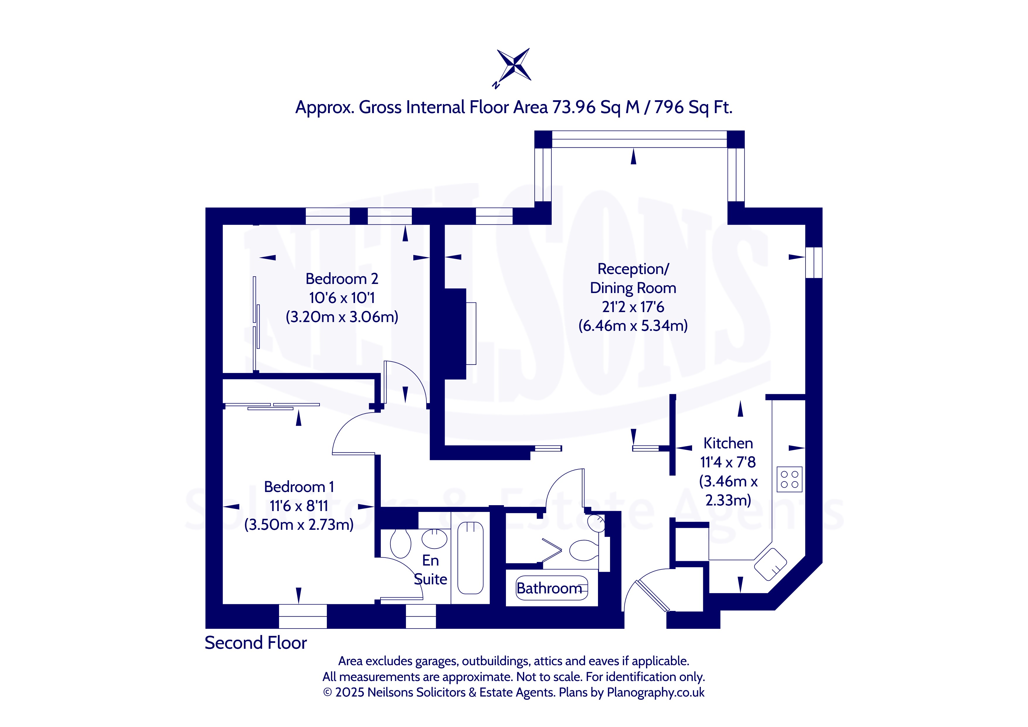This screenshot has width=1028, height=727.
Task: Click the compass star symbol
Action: [514, 65]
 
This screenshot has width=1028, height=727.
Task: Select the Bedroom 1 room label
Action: [299, 487]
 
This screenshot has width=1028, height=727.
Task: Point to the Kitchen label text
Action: [728, 443]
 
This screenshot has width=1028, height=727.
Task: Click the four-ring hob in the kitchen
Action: [789, 479]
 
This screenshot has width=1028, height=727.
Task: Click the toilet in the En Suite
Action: [401, 543]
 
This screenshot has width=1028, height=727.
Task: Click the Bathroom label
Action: [549, 588]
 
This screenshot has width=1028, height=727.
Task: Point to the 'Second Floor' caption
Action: [256, 643]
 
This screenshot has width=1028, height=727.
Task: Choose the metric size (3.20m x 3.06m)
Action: [342, 317]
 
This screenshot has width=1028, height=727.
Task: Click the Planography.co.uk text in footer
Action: [655, 692]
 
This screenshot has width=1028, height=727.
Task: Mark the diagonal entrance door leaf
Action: [653, 595]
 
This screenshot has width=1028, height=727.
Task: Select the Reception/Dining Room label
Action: [633, 278]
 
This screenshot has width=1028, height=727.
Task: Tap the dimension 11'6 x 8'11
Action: [299, 506]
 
